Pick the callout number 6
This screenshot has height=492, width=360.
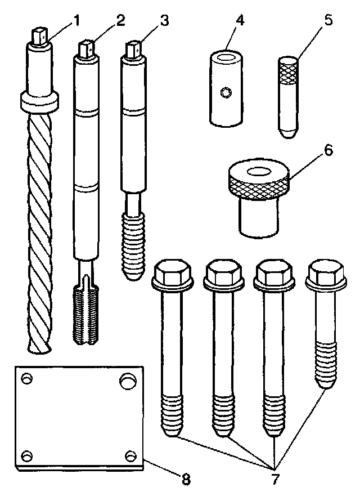pyautogui.click(x=328, y=151)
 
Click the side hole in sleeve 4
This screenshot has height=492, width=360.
pyautogui.click(x=226, y=92)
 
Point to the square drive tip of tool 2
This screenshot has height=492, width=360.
pyautogui.click(x=87, y=49)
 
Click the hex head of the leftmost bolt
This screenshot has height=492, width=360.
pyautogui.click(x=174, y=274)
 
